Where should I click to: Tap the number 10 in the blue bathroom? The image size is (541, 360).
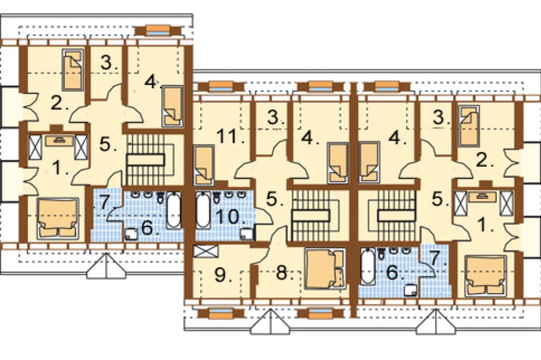(x=230, y=217)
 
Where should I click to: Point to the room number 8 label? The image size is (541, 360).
(x=284, y=274)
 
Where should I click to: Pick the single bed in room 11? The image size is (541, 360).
(x=204, y=165)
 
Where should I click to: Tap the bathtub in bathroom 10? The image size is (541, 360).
(x=203, y=210)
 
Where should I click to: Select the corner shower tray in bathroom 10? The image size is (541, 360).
(x=247, y=234)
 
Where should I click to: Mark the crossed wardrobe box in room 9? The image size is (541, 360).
(x=206, y=251)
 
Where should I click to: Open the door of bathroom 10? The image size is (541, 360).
(x=263, y=217)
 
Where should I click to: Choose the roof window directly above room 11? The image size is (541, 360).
(x=220, y=86)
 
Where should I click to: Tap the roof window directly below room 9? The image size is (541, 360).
(x=221, y=314)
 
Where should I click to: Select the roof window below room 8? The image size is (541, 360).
(x=315, y=314)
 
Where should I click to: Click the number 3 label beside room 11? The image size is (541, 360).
(x=276, y=118)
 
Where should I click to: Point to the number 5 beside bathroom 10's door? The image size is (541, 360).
(x=274, y=199)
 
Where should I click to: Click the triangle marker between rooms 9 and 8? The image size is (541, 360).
(x=270, y=322)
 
